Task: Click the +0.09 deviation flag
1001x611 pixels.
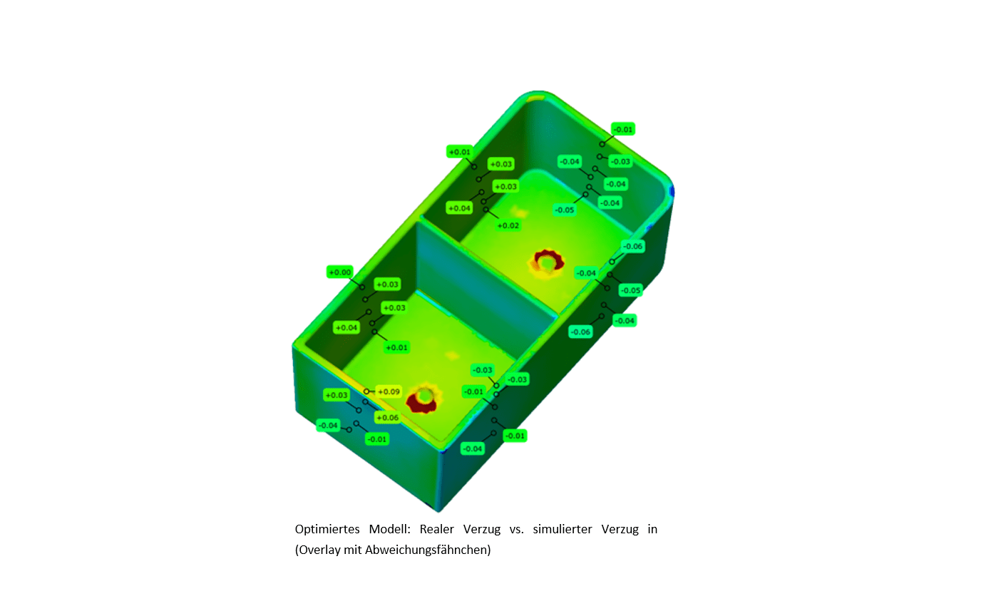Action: point(389,391)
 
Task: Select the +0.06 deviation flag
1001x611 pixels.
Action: point(387,418)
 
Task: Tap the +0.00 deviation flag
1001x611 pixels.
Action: point(339,272)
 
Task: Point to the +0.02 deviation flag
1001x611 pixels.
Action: point(508,225)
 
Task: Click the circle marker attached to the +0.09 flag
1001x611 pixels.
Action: point(367,391)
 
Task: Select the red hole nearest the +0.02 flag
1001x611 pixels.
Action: point(546,262)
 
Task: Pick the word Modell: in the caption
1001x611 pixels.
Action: point(389,529)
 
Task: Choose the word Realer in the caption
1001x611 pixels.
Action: point(436,529)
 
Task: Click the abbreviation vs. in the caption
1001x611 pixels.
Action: point(516,529)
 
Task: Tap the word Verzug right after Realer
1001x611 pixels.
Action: point(482,529)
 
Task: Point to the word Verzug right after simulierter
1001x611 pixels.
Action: point(620,529)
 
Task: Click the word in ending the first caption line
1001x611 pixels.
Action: point(652,529)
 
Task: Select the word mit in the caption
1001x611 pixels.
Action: point(353,550)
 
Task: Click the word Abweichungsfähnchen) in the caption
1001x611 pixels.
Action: point(428,550)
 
